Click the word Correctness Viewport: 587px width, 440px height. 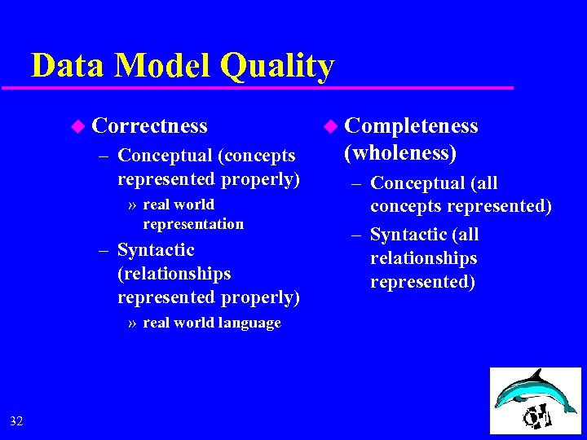point(150,125)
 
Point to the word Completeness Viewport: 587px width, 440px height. point(411,125)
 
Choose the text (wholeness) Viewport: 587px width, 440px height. point(399,152)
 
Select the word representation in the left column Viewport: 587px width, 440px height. point(193,224)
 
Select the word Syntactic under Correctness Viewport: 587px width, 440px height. point(156,250)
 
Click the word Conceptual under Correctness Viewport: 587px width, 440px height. point(166,155)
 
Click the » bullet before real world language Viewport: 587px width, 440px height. point(133,323)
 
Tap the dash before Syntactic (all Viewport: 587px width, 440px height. point(356,235)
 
